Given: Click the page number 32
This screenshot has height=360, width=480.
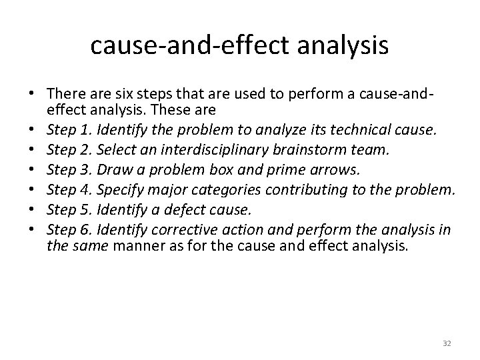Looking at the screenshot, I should pyautogui.click(x=447, y=343).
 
